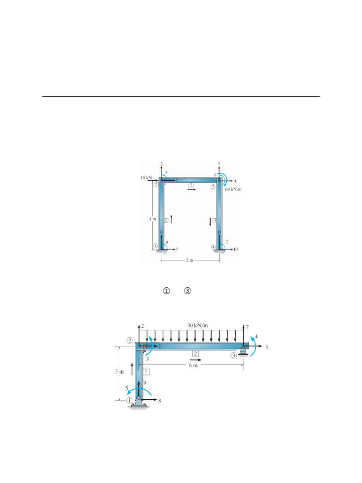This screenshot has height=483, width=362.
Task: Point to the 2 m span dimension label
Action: [189, 261]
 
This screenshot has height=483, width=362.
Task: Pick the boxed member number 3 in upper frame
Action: [214, 220]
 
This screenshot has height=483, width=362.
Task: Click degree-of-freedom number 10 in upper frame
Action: [236, 249]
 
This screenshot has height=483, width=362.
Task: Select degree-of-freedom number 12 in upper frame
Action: [226, 242]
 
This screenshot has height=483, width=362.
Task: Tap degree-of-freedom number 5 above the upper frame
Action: [219, 163]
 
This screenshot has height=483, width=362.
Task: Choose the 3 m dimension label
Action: [119, 372]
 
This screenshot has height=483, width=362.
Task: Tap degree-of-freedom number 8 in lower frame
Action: [160, 401]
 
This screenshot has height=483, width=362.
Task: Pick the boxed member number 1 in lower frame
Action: [146, 372]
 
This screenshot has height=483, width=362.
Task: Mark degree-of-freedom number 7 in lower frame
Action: [247, 326]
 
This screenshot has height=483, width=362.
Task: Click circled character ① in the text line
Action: [166, 291]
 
